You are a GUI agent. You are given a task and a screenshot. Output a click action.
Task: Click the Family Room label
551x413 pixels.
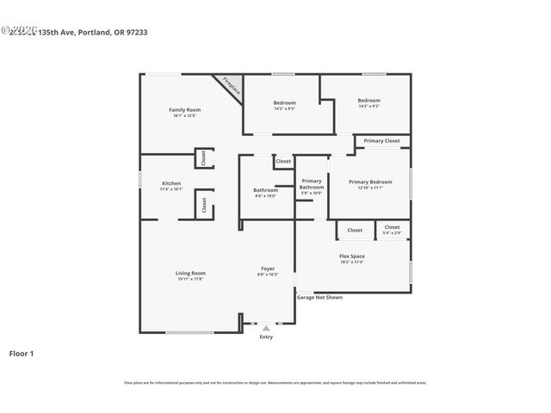184,109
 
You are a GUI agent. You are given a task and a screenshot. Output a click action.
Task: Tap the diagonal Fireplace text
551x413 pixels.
230,86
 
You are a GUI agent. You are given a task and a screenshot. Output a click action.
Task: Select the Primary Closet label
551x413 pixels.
381,140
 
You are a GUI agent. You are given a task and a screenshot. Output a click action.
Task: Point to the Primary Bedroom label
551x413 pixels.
370,182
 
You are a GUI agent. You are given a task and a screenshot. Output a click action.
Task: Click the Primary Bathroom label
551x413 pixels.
311,184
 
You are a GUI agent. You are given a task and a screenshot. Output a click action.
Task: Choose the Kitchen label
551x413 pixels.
171,183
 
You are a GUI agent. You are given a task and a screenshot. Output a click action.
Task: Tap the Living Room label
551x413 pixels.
190,273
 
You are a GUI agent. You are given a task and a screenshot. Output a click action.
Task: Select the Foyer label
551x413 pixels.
268,268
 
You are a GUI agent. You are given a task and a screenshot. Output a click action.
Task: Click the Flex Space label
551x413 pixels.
351,256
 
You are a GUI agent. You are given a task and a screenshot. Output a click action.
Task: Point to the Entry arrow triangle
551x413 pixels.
266,328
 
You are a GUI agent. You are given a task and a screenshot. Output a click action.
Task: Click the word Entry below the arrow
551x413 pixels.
266,336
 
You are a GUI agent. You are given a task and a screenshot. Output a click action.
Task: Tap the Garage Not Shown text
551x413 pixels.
319,297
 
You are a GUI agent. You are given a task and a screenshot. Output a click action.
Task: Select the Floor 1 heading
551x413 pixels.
22,353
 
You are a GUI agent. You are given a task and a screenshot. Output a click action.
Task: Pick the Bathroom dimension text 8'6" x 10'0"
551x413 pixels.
265,196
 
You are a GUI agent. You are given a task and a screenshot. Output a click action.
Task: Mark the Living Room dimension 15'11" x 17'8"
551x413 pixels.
190,279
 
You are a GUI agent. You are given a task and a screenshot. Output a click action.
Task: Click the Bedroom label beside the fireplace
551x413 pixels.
284,102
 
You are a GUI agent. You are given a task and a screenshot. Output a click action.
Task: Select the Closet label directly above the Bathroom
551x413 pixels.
283,161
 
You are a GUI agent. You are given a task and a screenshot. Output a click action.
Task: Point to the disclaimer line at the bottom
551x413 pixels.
275,383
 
